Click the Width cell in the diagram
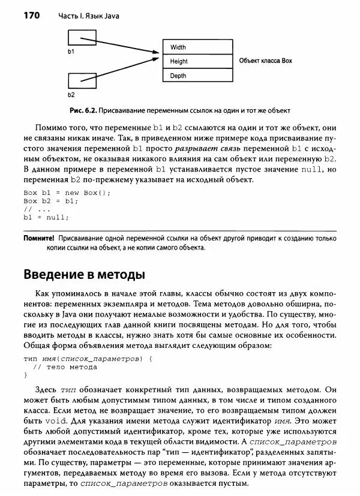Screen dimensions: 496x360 pyautogui.click(x=193, y=47)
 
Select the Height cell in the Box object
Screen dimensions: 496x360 pyautogui.click(x=193, y=61)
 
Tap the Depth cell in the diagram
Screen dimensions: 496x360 pyautogui.click(x=193, y=76)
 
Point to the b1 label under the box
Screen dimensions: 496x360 pyautogui.click(x=71, y=53)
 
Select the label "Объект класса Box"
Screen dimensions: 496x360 pyautogui.click(x=265, y=61)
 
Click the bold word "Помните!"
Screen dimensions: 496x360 pyautogui.click(x=40, y=238)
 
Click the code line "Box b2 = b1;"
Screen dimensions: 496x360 pyautogui.click(x=52, y=201)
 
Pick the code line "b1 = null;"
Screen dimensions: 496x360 pyautogui.click(x=46, y=218)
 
